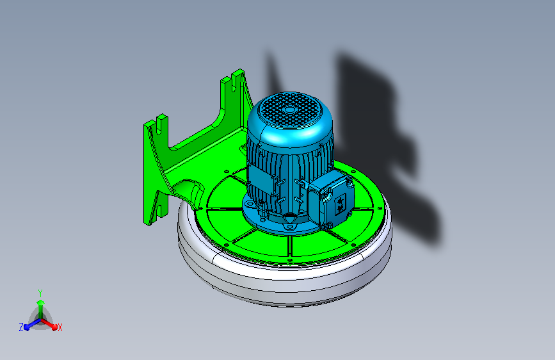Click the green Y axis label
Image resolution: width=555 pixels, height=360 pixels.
pos(40,293)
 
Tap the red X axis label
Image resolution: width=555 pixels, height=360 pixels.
pos(60,328)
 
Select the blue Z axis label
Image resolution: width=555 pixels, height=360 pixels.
pos(21,327)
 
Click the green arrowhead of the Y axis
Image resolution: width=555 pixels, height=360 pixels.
pos(40,303)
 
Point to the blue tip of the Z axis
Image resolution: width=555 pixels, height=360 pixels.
pos(27,328)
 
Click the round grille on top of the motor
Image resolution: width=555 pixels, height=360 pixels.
pos(289,110)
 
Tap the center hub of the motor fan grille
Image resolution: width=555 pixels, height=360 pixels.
pos(289,110)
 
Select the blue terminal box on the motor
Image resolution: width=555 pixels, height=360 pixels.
pos(330,199)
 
